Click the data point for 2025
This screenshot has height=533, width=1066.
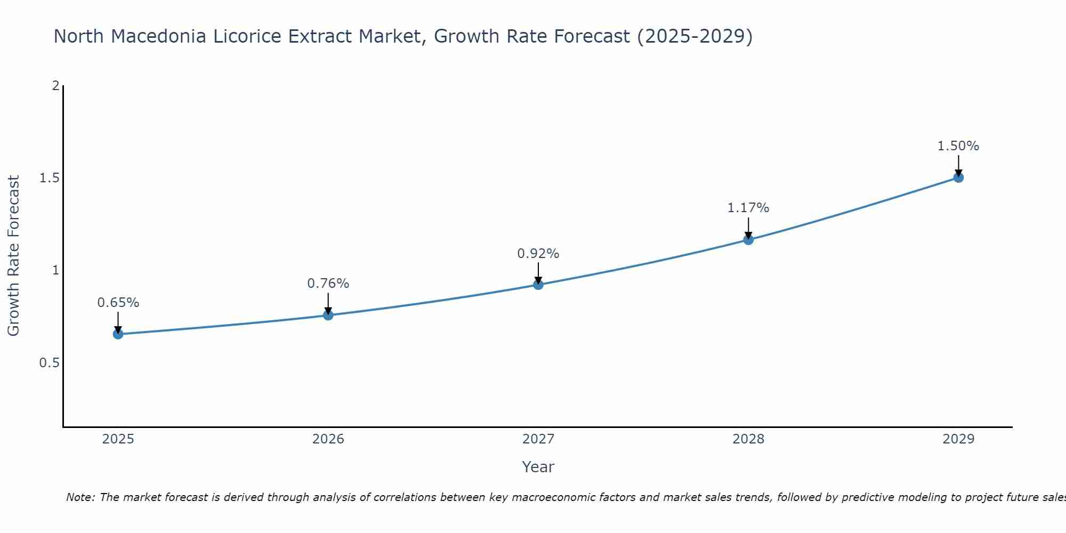coord(118,334)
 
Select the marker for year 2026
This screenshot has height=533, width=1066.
coord(328,315)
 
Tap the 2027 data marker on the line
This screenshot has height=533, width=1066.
coord(538,285)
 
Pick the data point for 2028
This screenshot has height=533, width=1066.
coord(748,239)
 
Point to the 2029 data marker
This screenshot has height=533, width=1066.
coord(958,177)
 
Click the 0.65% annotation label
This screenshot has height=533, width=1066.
coord(118,303)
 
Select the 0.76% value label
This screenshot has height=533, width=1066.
coord(328,284)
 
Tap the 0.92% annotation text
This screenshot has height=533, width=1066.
coord(538,254)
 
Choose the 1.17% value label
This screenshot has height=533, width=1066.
coord(748,208)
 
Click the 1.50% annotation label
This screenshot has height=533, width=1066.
coord(958,146)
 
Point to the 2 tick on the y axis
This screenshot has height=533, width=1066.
coord(55,85)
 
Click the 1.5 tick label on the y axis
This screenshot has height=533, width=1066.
coord(49,178)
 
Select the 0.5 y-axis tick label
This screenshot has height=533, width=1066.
coord(49,363)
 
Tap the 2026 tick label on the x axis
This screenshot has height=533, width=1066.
coord(328,439)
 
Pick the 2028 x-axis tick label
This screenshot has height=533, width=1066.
coord(748,439)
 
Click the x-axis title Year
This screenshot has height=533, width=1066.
coord(538,467)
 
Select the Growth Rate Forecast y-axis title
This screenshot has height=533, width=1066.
coord(13,256)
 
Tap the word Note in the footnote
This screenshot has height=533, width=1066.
coord(80,497)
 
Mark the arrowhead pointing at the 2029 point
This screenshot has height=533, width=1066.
coord(958,173)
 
